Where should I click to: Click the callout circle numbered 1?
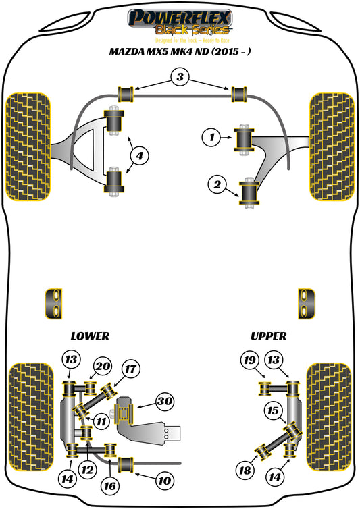[x=211, y=138]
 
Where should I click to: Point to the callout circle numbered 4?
[x=138, y=157]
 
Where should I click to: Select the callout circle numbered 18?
[x=242, y=469]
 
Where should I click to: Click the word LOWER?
[x=89, y=335]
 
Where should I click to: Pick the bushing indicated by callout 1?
[x=243, y=138]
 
